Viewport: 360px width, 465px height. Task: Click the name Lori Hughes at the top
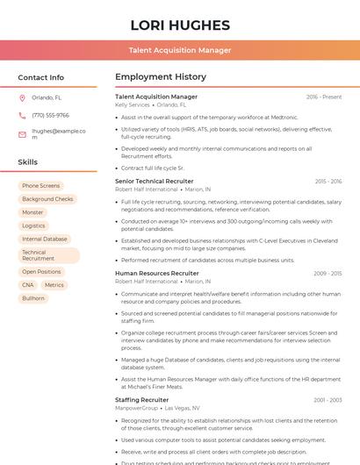180,25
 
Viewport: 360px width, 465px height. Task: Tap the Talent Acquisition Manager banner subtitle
180,50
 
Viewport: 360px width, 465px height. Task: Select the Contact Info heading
40,77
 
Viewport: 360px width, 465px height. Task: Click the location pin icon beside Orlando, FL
22,98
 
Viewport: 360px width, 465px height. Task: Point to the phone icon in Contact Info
22,115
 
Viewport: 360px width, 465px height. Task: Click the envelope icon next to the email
22,134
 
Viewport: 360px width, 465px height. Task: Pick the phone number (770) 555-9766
50,115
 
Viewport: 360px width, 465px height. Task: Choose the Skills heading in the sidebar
27,162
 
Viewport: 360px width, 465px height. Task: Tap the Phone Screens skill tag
40,186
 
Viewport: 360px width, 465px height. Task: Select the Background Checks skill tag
47,199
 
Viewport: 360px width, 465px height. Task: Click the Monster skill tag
32,212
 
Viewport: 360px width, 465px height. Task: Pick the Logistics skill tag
33,225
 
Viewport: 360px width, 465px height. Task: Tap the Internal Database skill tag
44,239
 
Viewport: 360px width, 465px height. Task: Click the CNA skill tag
28,285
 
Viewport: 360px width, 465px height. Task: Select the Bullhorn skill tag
33,298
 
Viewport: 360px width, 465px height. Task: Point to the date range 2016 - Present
324,97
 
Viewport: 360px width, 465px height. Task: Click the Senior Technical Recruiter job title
155,181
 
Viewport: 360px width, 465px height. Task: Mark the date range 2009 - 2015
328,274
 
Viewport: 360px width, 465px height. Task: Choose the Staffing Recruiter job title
141,400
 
